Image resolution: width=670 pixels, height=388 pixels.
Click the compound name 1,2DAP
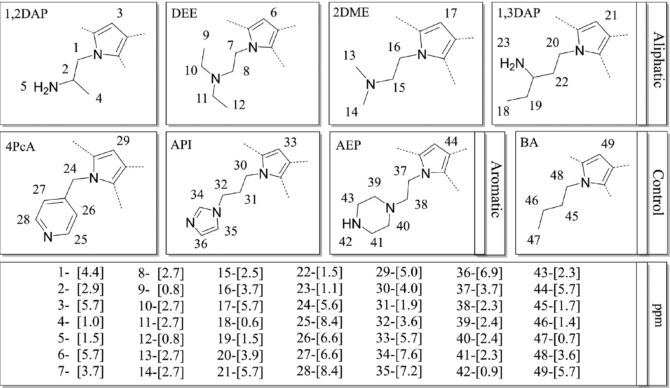[26, 13]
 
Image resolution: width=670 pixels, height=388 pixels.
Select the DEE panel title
[184, 13]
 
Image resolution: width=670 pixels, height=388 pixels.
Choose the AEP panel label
[348, 145]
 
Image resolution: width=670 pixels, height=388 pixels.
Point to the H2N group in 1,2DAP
[46, 88]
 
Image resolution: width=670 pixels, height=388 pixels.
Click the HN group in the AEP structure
[352, 224]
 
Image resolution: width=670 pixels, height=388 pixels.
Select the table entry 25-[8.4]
[319, 322]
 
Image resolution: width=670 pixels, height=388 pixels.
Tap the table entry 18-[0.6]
[240, 322]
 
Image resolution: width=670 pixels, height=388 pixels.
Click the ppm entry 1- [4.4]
[81, 273]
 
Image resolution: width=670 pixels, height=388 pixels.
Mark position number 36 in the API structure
[201, 244]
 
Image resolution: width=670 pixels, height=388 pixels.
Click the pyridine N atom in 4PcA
[48, 238]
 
